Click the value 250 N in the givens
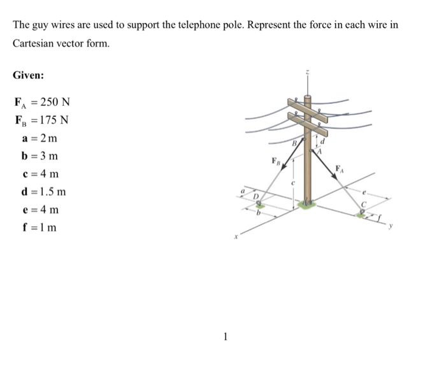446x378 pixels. (x=55, y=102)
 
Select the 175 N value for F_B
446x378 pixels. (x=54, y=120)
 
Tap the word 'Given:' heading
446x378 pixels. (x=29, y=75)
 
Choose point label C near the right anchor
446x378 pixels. (x=364, y=205)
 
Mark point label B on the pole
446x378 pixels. (x=295, y=145)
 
